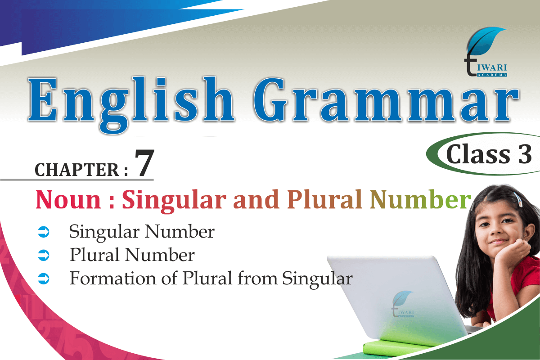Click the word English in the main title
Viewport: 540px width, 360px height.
pos(131,105)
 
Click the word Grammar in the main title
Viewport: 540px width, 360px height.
pos(386,99)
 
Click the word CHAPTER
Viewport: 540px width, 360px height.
pos(77,170)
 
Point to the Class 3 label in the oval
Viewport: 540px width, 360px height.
pos(489,154)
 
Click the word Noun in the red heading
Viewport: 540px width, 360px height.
pos(68,200)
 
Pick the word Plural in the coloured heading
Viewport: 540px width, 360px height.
pos(325,199)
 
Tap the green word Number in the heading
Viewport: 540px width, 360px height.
pos(420,199)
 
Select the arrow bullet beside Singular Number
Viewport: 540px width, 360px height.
pos(44,232)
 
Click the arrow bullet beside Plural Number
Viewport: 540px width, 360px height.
pos(44,255)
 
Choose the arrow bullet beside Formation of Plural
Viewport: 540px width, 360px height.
pos(44,279)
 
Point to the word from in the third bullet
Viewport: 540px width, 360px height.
pos(257,278)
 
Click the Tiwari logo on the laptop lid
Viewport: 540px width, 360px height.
pos(402,304)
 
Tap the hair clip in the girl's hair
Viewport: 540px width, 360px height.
pos(518,199)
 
